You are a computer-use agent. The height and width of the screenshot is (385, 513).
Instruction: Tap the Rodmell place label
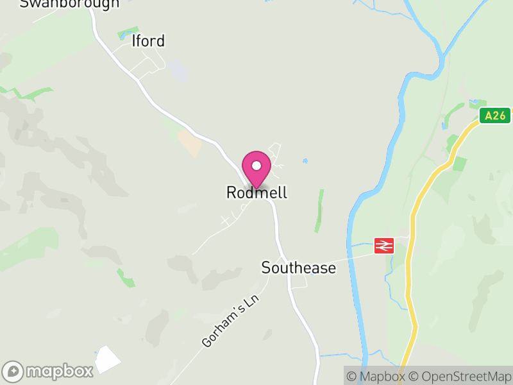point(256,193)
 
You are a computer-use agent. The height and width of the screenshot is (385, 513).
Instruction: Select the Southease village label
point(298,268)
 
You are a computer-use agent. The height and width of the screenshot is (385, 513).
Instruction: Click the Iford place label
point(147,41)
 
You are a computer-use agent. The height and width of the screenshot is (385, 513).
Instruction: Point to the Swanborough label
point(69,3)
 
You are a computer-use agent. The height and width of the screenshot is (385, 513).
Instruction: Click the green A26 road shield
point(495,116)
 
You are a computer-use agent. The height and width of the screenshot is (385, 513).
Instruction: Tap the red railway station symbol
point(384,245)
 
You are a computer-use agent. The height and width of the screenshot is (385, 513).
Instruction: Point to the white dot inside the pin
point(256,166)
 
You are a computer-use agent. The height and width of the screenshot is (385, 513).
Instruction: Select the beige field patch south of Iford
point(190,143)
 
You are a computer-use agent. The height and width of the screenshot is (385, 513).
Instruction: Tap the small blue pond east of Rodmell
point(305,160)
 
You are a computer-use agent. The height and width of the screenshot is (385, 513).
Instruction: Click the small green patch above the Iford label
point(128,31)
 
